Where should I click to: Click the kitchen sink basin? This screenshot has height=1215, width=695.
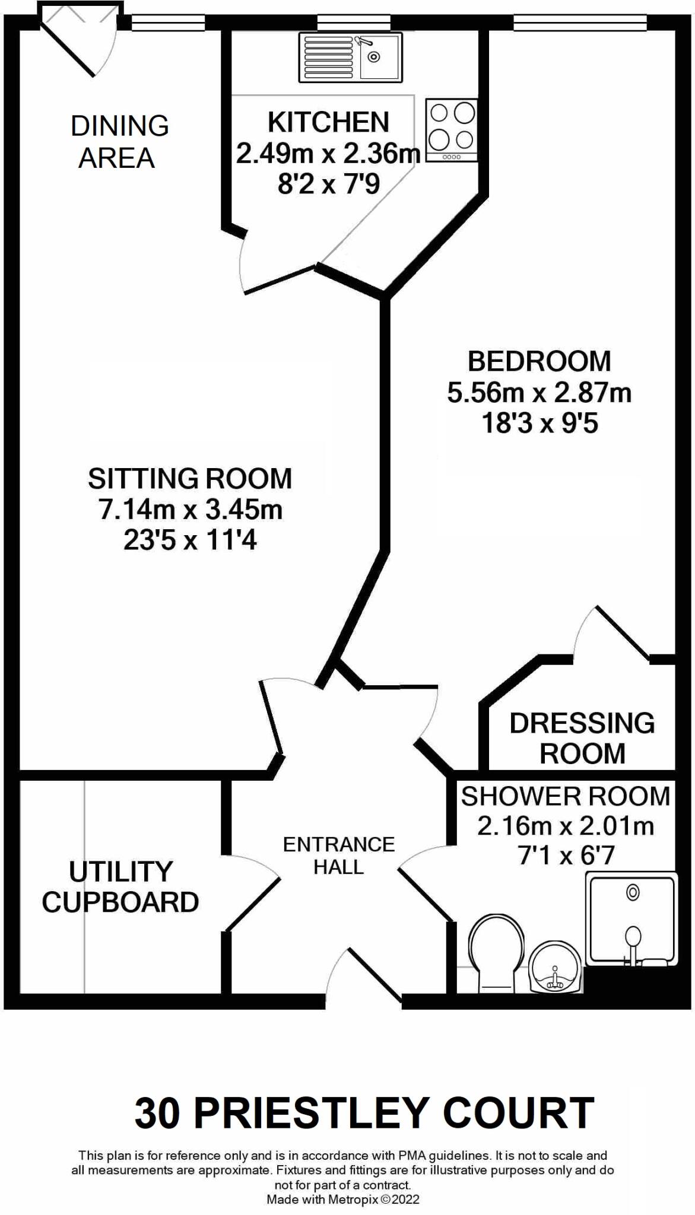click(x=379, y=57)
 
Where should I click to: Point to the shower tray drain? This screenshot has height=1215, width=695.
click(x=633, y=892)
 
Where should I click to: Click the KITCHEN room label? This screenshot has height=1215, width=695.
click(x=328, y=122)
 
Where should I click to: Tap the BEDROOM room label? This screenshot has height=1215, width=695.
click(x=539, y=361)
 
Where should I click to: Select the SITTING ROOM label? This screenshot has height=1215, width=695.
click(x=190, y=479)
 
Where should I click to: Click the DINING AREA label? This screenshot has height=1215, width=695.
click(x=119, y=142)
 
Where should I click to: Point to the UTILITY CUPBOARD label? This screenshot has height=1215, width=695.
click(x=120, y=887)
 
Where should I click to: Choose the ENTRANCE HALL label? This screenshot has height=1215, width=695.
click(x=339, y=855)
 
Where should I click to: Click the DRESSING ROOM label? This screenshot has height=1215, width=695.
click(x=582, y=738)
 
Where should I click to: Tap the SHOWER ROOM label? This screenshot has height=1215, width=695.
click(x=565, y=797)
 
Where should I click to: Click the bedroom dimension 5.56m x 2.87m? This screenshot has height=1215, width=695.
click(x=539, y=393)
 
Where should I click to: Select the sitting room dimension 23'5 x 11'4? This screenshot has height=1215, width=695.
click(x=190, y=540)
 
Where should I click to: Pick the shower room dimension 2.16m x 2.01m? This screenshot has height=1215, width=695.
click(x=565, y=826)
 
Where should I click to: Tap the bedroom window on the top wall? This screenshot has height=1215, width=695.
click(x=579, y=23)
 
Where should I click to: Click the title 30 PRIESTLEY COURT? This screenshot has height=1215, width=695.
click(x=364, y=1113)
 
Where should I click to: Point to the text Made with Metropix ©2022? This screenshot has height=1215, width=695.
click(x=343, y=1199)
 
